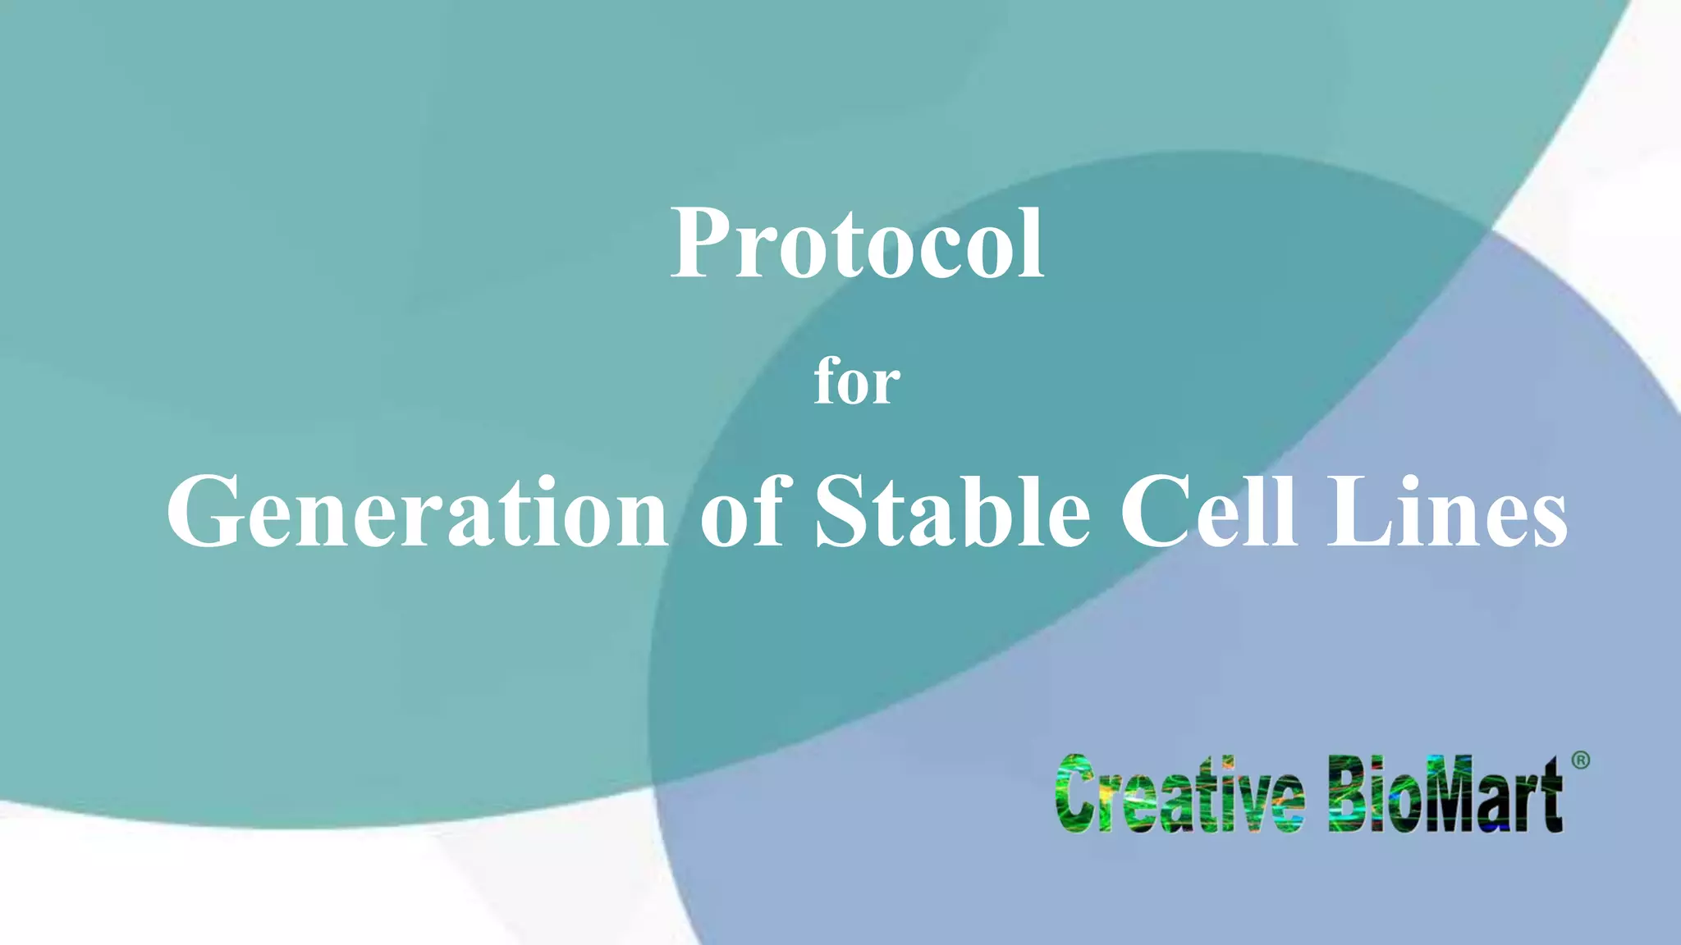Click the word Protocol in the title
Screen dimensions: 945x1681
tap(857, 244)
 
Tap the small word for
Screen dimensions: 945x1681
tap(856, 381)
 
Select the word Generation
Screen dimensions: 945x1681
tap(418, 512)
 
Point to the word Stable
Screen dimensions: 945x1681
tap(952, 512)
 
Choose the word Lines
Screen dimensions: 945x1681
tap(1448, 512)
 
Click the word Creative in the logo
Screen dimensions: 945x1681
tap(1179, 794)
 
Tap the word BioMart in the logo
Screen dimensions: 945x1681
tap(1445, 794)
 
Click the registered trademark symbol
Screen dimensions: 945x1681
tap(1580, 760)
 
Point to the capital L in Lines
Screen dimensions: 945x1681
tap(1358, 512)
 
